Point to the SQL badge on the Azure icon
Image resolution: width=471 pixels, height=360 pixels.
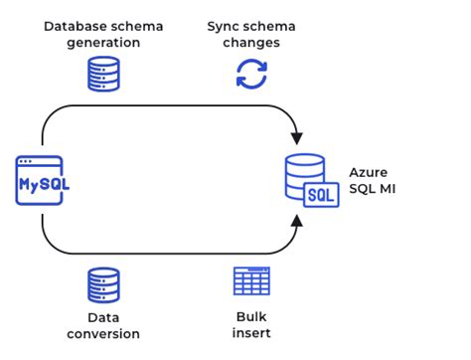(x=322, y=194)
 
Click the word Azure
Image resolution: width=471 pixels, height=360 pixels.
(x=368, y=171)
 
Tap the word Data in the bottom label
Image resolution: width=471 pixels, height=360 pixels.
(x=104, y=315)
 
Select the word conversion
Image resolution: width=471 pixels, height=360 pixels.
(x=104, y=333)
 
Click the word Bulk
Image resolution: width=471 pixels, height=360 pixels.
(x=250, y=315)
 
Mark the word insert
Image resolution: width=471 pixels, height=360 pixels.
(x=250, y=333)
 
